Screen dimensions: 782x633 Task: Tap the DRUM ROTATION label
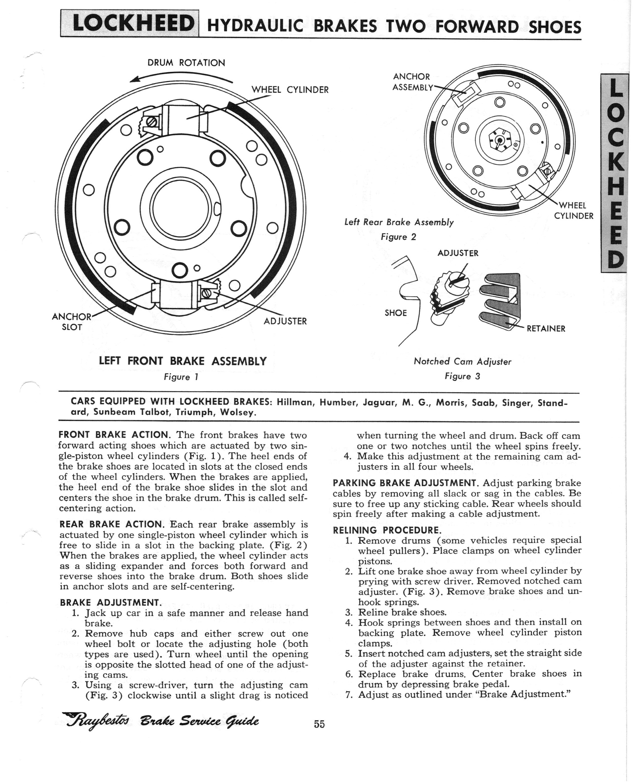tap(186, 63)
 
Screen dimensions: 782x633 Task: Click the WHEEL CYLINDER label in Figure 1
tap(290, 90)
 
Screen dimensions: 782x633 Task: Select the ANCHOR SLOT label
tap(71, 321)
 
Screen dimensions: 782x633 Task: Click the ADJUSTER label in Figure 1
tap(285, 321)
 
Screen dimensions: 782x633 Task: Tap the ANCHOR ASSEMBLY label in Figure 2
tap(412, 82)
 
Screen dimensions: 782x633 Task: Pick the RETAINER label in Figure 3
tap(546, 328)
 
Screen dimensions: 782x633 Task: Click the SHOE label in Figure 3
tap(396, 313)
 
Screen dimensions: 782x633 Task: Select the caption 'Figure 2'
tap(398, 237)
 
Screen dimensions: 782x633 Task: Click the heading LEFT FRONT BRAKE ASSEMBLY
tap(183, 361)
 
